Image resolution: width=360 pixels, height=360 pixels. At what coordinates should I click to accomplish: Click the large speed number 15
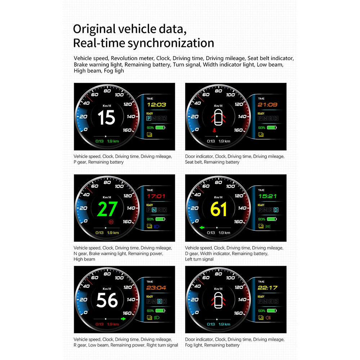(107, 117)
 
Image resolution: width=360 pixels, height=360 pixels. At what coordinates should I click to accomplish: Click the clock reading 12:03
(156, 105)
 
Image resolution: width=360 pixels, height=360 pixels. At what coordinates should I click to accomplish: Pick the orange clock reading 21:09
(267, 105)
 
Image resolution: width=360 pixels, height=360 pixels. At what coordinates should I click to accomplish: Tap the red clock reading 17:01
(156, 196)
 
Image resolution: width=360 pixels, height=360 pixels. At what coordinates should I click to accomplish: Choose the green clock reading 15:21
(267, 196)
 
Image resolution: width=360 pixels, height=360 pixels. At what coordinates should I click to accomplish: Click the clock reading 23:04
(156, 288)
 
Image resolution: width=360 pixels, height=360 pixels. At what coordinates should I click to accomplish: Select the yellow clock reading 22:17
(267, 288)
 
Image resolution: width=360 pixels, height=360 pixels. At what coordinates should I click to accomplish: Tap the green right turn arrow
(123, 319)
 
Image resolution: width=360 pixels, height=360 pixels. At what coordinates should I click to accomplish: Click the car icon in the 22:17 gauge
(218, 300)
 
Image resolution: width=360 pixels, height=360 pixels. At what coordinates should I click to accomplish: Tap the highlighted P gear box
(149, 118)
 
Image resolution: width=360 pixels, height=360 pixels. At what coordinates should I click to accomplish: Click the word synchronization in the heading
(171, 43)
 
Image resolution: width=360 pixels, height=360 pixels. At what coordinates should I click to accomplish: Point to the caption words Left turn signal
(199, 259)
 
